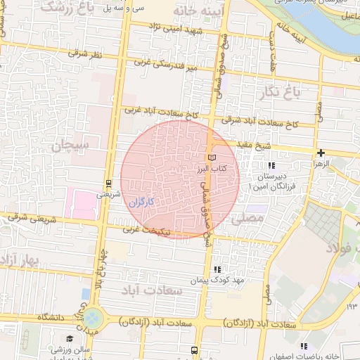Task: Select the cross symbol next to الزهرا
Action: [x=321, y=153]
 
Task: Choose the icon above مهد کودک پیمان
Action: [x=217, y=269]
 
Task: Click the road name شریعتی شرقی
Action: [x=32, y=218]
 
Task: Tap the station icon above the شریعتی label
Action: [x=108, y=182]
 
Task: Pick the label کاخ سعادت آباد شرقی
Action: [x=262, y=122]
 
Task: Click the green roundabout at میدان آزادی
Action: [x=94, y=319]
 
